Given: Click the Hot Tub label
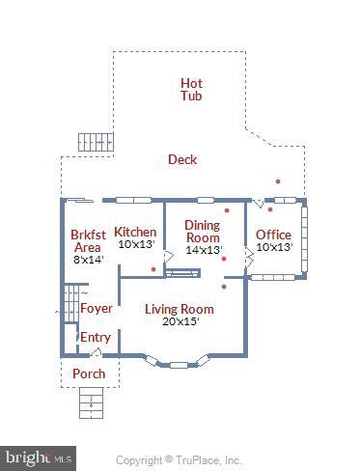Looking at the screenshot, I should pyautogui.click(x=191, y=89).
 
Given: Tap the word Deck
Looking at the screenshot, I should pyautogui.click(x=181, y=159).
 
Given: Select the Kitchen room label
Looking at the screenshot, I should pyautogui.click(x=135, y=232).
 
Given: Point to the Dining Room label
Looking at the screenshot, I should pyautogui.click(x=203, y=231).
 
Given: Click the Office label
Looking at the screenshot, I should pyautogui.click(x=273, y=235).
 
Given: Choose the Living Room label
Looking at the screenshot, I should pyautogui.click(x=180, y=309).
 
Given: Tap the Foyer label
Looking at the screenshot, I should pyautogui.click(x=97, y=309).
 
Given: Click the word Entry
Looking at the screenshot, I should pyautogui.click(x=95, y=337).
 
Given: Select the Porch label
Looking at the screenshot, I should pyautogui.click(x=89, y=374).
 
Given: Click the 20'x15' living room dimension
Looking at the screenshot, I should pyautogui.click(x=180, y=321).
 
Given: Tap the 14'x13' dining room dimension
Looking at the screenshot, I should pyautogui.click(x=203, y=249).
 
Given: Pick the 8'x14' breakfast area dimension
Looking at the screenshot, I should pyautogui.click(x=88, y=259).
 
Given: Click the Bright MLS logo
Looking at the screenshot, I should pyautogui.click(x=39, y=456).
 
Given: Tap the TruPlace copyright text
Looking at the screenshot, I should pyautogui.click(x=179, y=460).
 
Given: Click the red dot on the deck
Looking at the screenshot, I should pyautogui.click(x=278, y=180).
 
